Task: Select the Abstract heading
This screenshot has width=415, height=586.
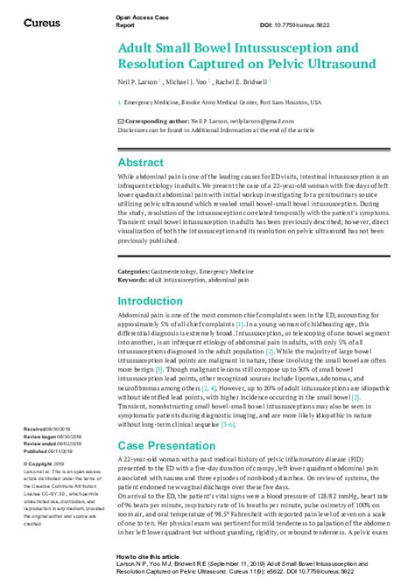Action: (x=140, y=163)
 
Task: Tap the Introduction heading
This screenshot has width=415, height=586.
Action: (x=151, y=301)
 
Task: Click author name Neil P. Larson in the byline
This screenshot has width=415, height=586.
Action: (x=140, y=82)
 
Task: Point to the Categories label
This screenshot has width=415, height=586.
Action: (x=134, y=272)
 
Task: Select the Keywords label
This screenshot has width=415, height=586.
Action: (x=133, y=280)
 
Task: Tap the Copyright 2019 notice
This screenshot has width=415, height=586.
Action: (x=44, y=464)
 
